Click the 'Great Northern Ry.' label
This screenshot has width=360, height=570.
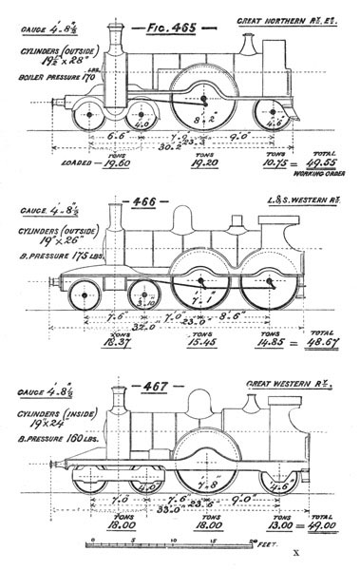pos(301,19)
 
